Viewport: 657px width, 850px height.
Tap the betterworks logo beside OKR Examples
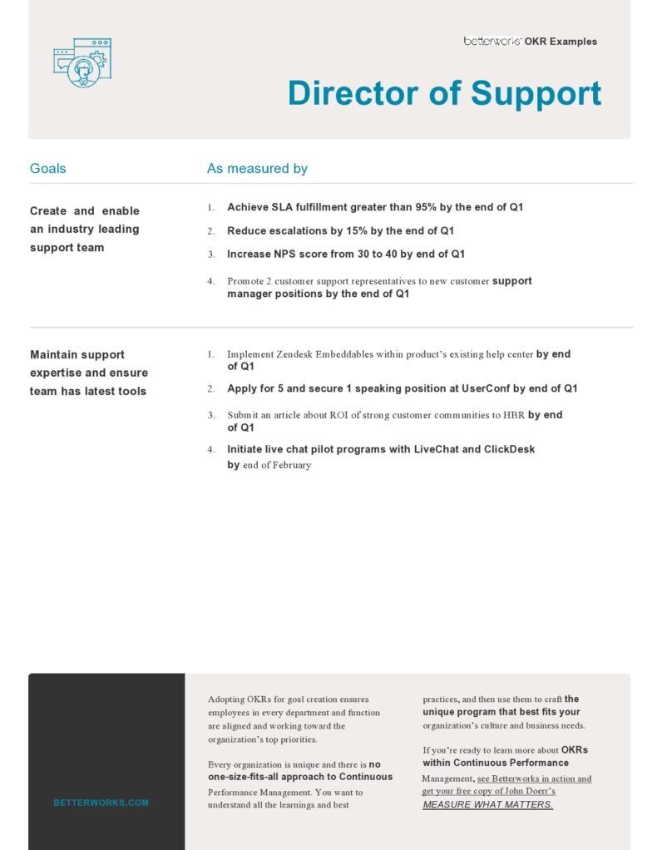tap(492, 41)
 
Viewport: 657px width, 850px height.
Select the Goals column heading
tap(47, 169)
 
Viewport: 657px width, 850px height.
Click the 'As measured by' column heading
tap(257, 169)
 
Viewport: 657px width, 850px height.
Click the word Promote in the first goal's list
tap(247, 281)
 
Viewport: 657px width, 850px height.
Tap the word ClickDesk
tap(510, 449)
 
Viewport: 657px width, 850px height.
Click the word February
tap(292, 465)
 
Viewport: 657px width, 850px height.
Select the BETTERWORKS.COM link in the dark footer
tap(101, 803)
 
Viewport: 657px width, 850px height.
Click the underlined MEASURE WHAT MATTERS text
tap(487, 805)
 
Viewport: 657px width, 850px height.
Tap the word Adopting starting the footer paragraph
tap(226, 699)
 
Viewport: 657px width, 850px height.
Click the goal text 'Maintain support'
tap(77, 355)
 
